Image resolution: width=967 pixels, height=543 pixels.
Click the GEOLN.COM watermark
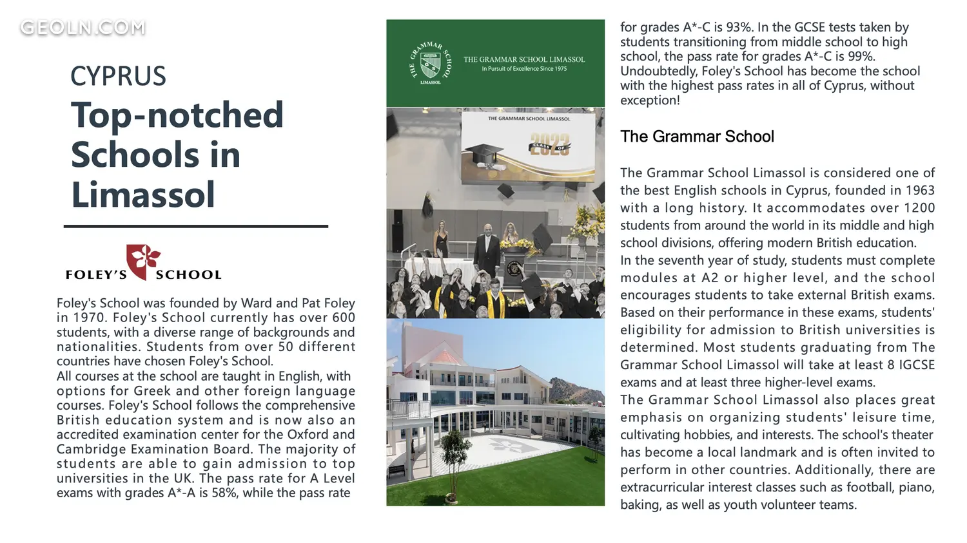[83, 28]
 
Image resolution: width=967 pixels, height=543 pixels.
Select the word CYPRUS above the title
[118, 76]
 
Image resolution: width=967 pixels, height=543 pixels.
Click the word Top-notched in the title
[177, 115]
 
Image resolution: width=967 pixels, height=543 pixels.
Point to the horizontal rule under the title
[196, 226]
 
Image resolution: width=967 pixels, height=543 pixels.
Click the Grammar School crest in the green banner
[430, 63]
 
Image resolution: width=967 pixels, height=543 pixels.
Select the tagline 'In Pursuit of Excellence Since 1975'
[524, 69]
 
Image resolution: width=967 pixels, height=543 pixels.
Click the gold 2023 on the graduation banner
[550, 146]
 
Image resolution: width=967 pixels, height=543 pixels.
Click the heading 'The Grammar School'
[697, 137]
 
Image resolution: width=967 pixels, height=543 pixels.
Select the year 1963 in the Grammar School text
[920, 190]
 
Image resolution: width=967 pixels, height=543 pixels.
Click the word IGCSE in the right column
[916, 365]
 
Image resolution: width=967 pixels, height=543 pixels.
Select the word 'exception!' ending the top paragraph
[650, 100]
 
